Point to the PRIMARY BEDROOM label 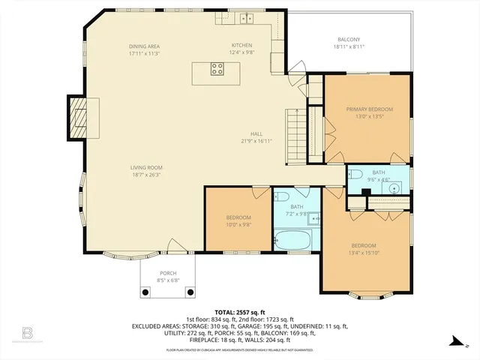pos(369,109)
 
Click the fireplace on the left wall pos(77,118)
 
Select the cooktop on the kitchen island pos(217,70)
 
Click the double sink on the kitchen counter pos(246,17)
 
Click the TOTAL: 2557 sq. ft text pos(239,312)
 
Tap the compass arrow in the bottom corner pos(453,342)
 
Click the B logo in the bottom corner pos(28,331)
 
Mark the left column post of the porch pos(147,291)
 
